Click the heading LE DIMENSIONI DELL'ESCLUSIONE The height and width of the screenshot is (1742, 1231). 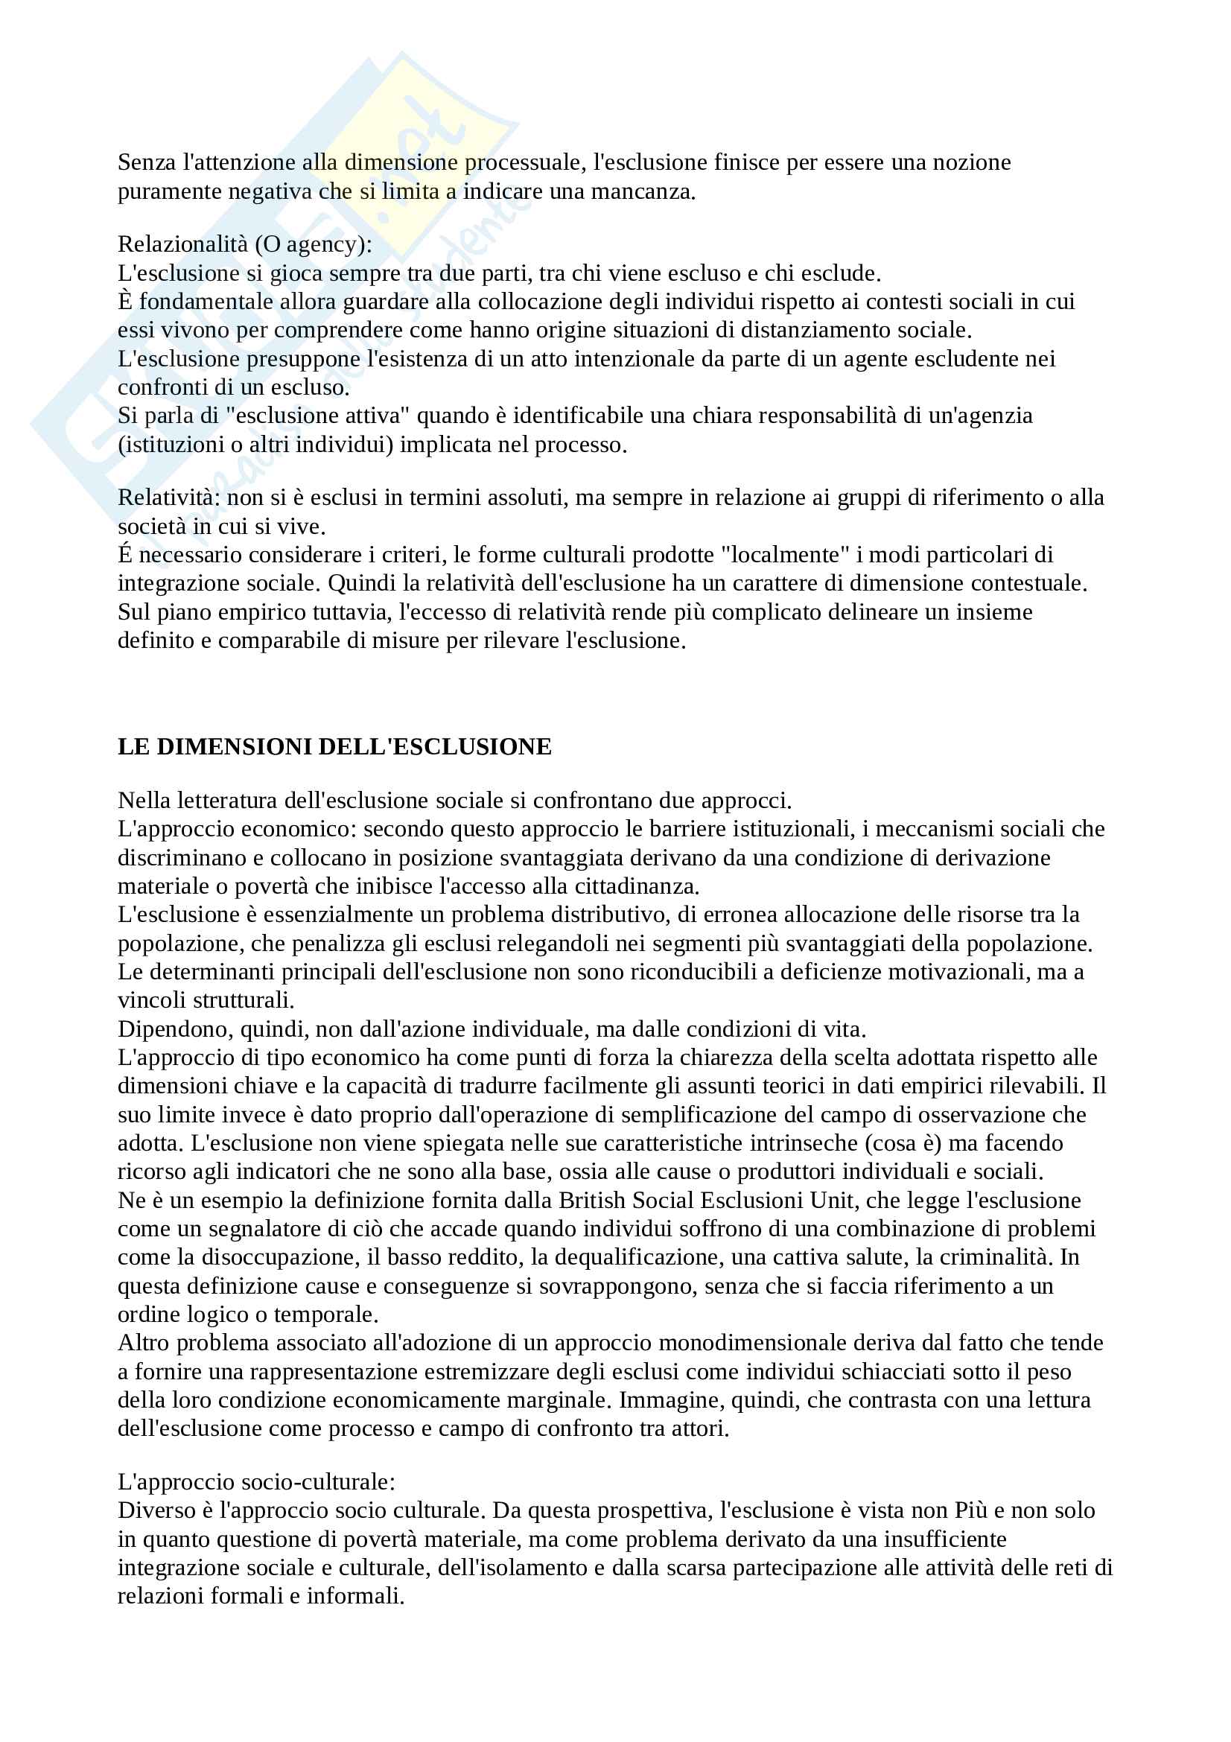(334, 747)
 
